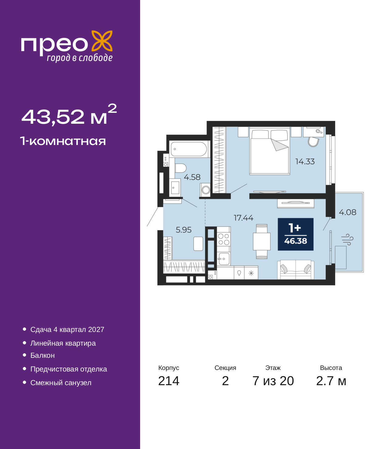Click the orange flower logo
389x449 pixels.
click(102, 41)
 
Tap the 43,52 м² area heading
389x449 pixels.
click(69, 115)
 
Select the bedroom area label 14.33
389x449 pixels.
click(305, 162)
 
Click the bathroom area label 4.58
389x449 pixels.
click(192, 177)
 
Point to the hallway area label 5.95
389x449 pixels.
click(184, 230)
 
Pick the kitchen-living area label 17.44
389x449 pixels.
click(243, 218)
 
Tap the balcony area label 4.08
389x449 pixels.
click(347, 212)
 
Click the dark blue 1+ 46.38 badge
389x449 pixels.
click(295, 234)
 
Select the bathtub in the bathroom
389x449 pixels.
click(189, 149)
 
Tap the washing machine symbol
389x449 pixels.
click(205, 190)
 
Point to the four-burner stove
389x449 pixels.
click(223, 239)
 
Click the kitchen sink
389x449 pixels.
click(224, 259)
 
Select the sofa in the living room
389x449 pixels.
click(295, 270)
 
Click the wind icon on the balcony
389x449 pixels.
click(347, 240)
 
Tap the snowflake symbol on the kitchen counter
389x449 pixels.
click(251, 273)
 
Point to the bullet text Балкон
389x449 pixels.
click(43, 356)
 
